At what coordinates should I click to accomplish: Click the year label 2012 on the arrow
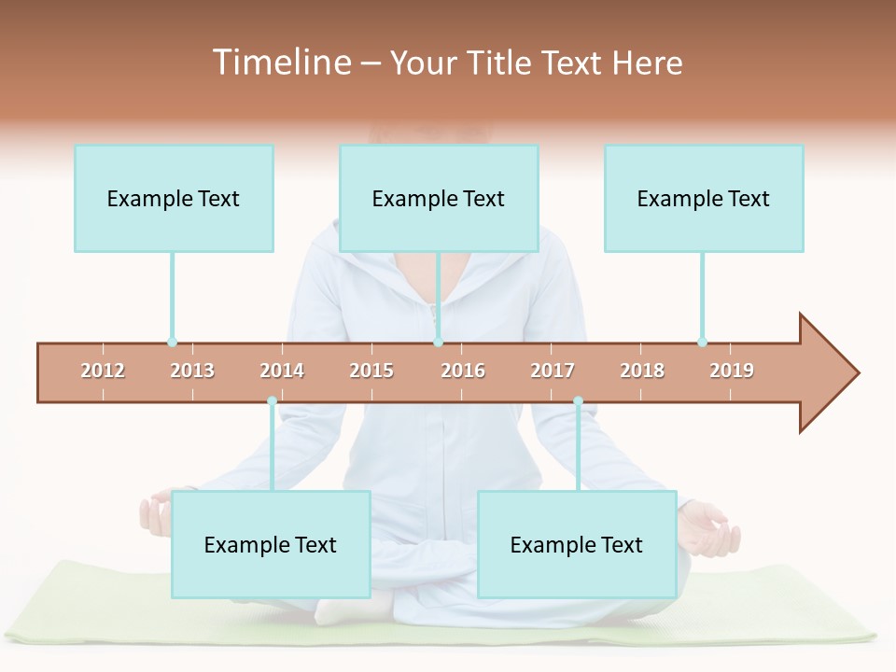tap(103, 371)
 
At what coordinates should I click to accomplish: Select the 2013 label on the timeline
tap(192, 371)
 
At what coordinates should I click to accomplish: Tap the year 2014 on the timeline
tap(282, 371)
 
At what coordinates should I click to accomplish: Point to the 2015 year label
tap(371, 371)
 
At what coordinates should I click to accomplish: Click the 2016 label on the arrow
tap(463, 371)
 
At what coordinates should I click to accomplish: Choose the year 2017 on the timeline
tap(553, 371)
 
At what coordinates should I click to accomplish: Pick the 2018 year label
tap(642, 371)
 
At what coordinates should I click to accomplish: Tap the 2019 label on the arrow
tap(732, 371)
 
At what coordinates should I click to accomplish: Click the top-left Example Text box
tap(174, 198)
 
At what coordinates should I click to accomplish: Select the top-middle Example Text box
tap(439, 198)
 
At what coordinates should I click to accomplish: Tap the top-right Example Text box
tap(704, 198)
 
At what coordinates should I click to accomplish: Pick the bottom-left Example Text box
tap(271, 544)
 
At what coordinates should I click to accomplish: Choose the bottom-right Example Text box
tap(577, 544)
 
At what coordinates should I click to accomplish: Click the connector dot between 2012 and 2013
tap(172, 343)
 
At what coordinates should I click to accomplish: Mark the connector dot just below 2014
tap(272, 401)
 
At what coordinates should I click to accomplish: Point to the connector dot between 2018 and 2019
tap(702, 343)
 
